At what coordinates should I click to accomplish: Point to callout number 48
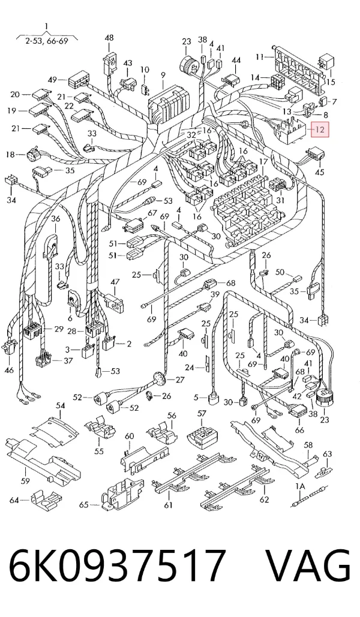click(x=109, y=38)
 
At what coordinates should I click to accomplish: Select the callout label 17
click(x=263, y=162)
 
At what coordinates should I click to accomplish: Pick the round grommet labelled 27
click(x=159, y=379)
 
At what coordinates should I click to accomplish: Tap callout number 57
click(x=201, y=414)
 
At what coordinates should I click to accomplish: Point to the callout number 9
click(x=163, y=75)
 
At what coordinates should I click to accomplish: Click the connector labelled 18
click(x=34, y=155)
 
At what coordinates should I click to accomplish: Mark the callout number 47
click(x=115, y=282)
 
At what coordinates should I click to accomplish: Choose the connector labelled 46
click(x=10, y=347)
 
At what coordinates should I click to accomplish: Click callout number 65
click(x=83, y=504)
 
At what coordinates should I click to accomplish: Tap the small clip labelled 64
click(x=44, y=499)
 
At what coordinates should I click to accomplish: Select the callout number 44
click(x=236, y=60)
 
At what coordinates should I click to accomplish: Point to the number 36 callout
click(x=56, y=219)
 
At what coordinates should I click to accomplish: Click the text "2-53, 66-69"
click(x=47, y=41)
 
